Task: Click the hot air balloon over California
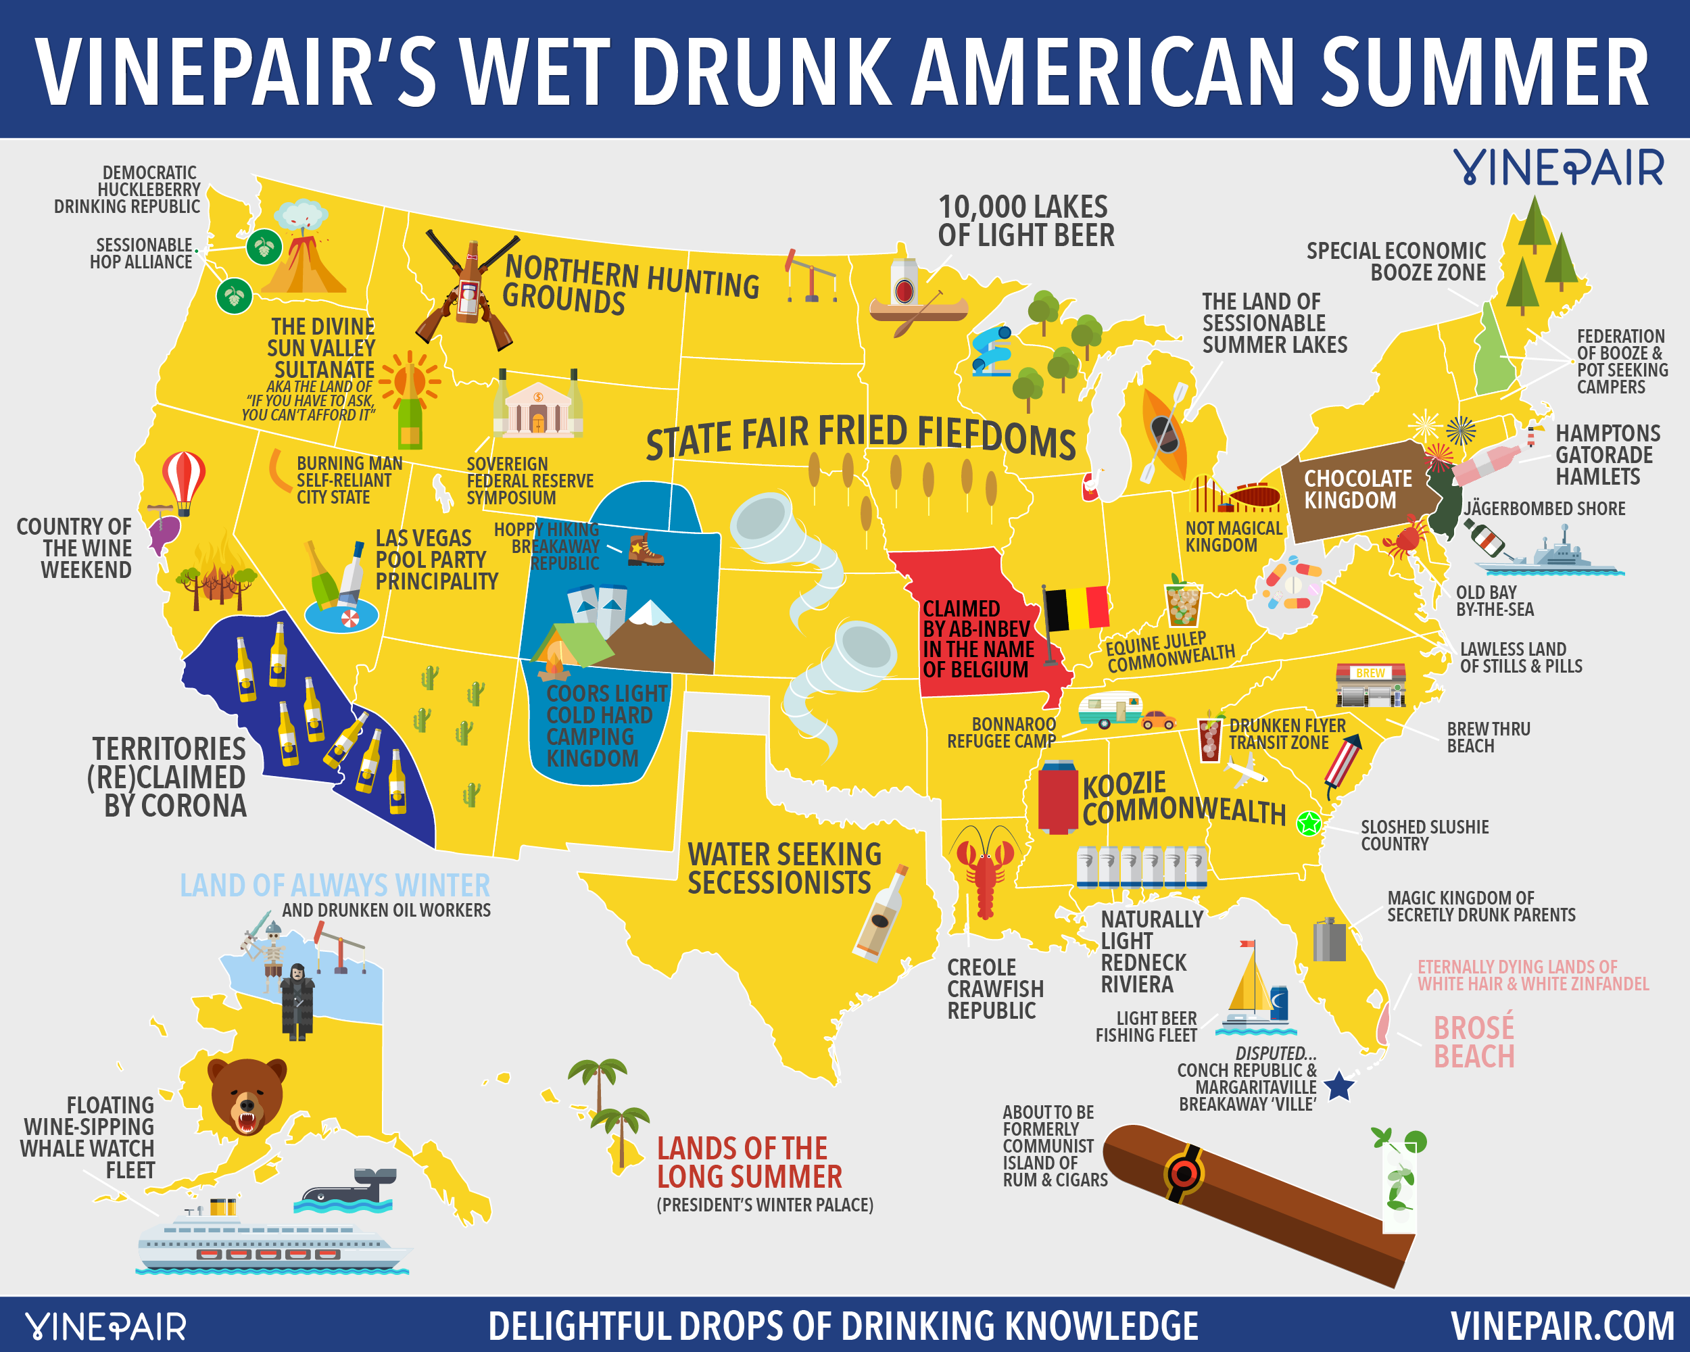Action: point(183,479)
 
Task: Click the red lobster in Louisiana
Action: point(984,870)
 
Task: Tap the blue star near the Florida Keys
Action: point(1339,1086)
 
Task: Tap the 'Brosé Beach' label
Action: point(1474,1042)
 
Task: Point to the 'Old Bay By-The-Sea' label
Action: point(1494,601)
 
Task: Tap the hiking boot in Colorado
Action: point(645,550)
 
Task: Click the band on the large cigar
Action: point(1184,1174)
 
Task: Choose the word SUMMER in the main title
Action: point(1484,72)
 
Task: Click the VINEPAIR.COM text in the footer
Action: point(1562,1326)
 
